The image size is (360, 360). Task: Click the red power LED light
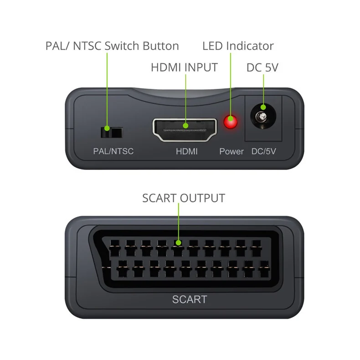tap(231, 122)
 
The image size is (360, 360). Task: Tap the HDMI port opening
tap(185, 130)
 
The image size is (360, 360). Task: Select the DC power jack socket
tap(263, 116)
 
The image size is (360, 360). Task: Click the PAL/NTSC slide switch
tap(112, 133)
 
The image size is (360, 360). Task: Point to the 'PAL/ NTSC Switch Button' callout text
tap(112, 46)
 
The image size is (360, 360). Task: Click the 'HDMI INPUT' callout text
tap(185, 67)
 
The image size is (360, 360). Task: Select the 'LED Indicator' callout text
tap(238, 46)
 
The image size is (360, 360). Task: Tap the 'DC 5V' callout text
tap(262, 67)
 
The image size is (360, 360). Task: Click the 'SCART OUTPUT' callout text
tap(184, 198)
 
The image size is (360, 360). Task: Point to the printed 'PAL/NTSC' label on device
tap(113, 151)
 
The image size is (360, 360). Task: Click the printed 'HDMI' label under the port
tap(187, 151)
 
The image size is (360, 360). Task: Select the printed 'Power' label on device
tap(231, 151)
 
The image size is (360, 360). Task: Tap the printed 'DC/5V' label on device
tap(263, 151)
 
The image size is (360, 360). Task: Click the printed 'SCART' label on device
tap(190, 299)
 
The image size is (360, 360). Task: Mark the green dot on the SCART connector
tap(178, 243)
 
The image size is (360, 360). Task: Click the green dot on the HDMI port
tap(186, 126)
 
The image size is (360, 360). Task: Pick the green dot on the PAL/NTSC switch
tap(107, 128)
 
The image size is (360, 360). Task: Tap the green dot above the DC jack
tap(263, 107)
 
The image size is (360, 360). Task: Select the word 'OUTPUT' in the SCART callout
tap(202, 198)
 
